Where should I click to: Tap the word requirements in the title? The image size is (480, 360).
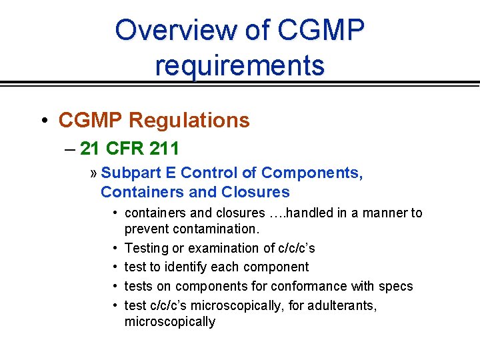pyautogui.click(x=240, y=65)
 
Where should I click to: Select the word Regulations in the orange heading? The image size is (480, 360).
pyautogui.click(x=189, y=120)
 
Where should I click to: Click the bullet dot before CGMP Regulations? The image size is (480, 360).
pyautogui.click(x=43, y=121)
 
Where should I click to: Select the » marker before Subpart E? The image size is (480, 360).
pyautogui.click(x=93, y=173)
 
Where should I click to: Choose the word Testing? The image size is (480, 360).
pyautogui.click(x=147, y=248)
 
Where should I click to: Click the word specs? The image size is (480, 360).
pyautogui.click(x=397, y=286)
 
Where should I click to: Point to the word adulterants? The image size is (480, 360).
pyautogui.click(x=340, y=305)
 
